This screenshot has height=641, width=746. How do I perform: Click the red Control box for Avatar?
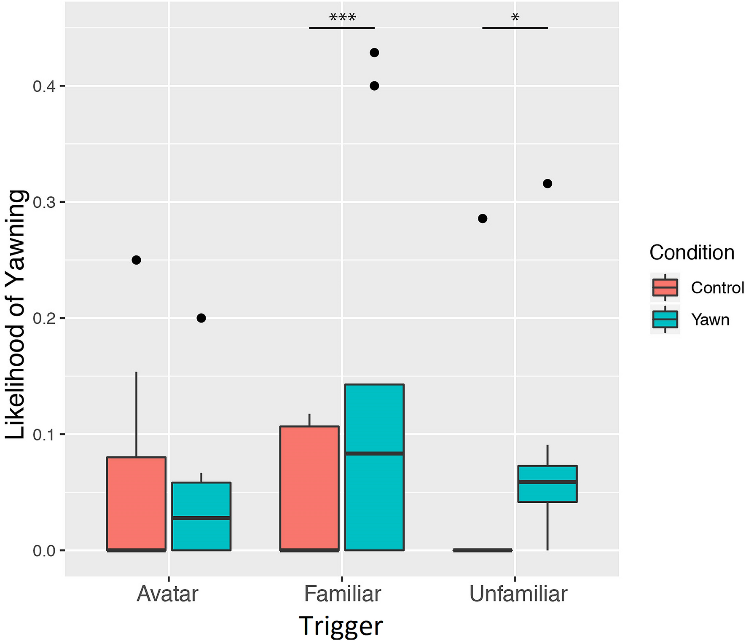point(136,504)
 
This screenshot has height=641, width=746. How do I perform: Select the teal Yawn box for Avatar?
point(201,516)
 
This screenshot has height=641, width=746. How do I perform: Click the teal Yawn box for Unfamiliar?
point(547,483)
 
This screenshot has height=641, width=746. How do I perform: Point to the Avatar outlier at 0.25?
point(136,260)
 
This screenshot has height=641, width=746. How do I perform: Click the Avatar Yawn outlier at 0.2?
point(201,318)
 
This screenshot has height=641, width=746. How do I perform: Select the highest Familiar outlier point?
point(374,53)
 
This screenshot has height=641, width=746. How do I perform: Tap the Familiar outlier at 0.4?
point(374,86)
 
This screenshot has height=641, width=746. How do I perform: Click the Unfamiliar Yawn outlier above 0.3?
point(547,183)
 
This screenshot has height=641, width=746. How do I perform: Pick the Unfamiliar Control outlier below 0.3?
point(483,218)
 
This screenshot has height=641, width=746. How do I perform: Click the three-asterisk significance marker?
point(342,17)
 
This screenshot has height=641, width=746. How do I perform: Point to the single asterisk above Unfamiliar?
point(515,18)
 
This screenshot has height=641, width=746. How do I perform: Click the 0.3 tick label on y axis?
point(44,202)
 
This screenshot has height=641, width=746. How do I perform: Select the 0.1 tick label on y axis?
point(44,434)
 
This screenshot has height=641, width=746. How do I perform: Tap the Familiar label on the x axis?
point(342,594)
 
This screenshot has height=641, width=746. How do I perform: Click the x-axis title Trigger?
point(341,626)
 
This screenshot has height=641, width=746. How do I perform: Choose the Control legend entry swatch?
point(665,287)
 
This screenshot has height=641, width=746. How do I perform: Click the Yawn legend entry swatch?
point(665,319)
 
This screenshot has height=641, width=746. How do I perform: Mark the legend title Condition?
point(692,252)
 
